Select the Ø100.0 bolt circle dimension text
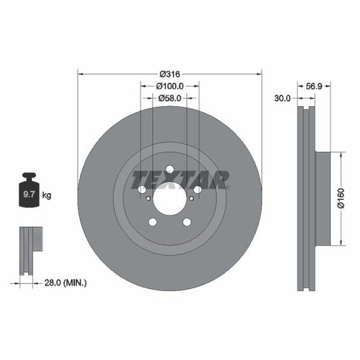(169, 86)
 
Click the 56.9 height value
(315, 86)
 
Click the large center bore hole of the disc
(169, 199)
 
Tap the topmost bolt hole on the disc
(169, 169)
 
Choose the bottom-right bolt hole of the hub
(186, 223)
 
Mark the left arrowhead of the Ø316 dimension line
(81, 73)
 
